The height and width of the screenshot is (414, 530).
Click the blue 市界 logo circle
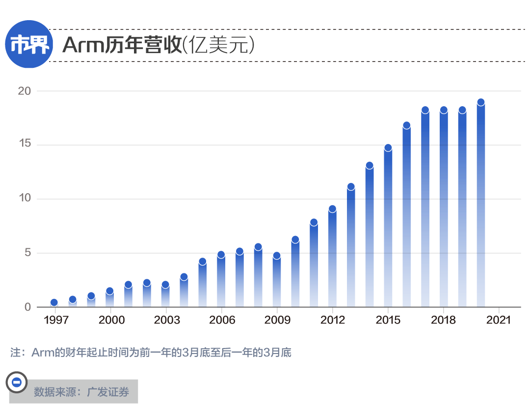pyautogui.click(x=29, y=44)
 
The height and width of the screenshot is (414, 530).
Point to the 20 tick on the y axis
pyautogui.click(x=25, y=91)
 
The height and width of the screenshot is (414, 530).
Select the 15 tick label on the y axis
pyautogui.click(x=25, y=145)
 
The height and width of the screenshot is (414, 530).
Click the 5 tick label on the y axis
pyautogui.click(x=27, y=253)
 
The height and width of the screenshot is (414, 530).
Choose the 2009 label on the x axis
pyautogui.click(x=277, y=320)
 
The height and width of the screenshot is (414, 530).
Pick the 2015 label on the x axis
pyautogui.click(x=388, y=320)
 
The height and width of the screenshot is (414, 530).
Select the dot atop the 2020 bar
pyautogui.click(x=481, y=102)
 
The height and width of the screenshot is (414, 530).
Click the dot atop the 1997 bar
pyautogui.click(x=54, y=302)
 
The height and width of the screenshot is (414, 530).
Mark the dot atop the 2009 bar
pyautogui.click(x=277, y=256)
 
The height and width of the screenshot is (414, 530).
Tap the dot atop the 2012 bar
pyautogui.click(x=332, y=209)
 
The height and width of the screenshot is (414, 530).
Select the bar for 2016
pyautogui.click(x=406, y=216)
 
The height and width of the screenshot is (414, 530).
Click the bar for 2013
pyautogui.click(x=351, y=246)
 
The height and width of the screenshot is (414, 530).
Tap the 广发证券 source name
pyautogui.click(x=108, y=392)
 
